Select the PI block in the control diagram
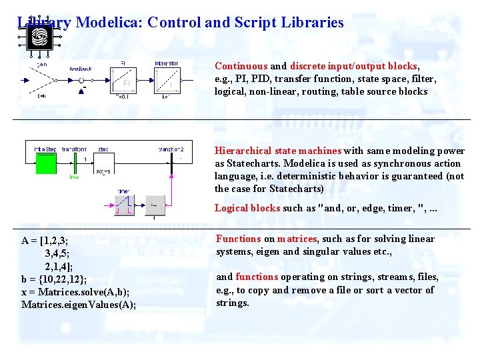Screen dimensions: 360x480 tap(125, 82)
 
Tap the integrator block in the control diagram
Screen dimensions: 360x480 tap(166, 82)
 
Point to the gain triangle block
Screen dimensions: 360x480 tap(43, 81)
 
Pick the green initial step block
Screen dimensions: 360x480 tap(45, 163)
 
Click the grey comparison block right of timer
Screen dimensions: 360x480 tap(155, 204)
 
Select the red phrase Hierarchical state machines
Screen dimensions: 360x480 tap(278, 151)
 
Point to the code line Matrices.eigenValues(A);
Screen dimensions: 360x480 tap(78, 305)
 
